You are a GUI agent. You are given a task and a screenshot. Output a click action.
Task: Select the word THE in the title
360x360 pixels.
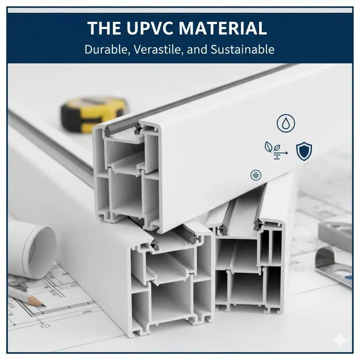[x=104, y=28]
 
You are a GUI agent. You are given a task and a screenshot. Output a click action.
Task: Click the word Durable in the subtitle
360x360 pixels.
[x=106, y=49]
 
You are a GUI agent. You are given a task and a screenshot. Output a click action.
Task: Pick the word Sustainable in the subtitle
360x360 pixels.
[x=242, y=49]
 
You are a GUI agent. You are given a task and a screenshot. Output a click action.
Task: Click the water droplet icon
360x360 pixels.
[x=286, y=124]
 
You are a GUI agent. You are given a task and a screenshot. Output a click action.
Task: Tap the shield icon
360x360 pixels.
[x=304, y=151]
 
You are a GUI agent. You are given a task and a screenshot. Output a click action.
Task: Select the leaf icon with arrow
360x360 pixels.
[x=276, y=150]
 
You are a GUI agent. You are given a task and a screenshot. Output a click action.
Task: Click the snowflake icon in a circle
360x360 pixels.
[x=256, y=176]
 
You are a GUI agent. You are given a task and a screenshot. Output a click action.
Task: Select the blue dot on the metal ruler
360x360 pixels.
[x=350, y=278]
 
